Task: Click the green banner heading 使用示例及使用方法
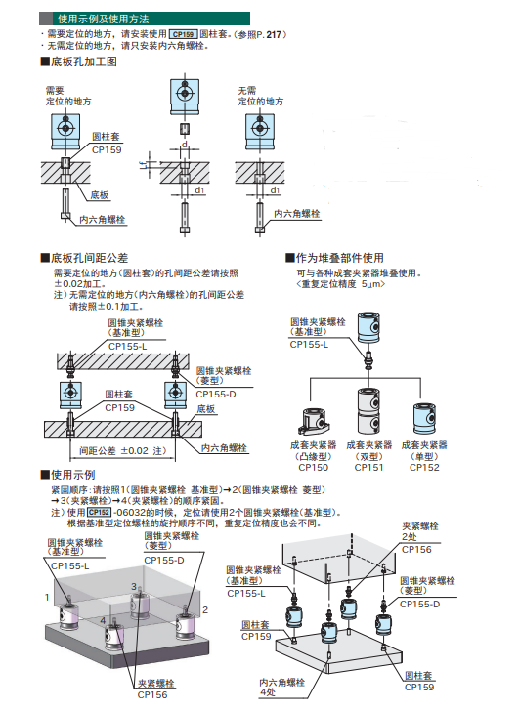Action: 145,19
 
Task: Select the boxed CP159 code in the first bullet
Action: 183,34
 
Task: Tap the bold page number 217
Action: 274,34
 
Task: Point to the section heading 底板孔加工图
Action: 79,62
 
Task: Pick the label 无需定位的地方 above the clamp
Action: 261,96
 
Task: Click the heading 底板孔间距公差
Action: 84,258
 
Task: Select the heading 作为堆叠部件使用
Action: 335,258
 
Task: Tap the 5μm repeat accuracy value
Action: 371,284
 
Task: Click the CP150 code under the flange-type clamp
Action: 313,467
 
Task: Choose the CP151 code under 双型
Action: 368,467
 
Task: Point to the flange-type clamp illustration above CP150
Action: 314,421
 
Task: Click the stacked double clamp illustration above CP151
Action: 368,411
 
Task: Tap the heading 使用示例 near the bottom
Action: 68,475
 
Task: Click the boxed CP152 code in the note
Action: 100,512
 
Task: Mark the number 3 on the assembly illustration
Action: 134,586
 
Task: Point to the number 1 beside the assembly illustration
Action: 47,598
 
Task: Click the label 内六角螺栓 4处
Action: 281,687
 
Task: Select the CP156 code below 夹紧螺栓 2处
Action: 416,549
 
